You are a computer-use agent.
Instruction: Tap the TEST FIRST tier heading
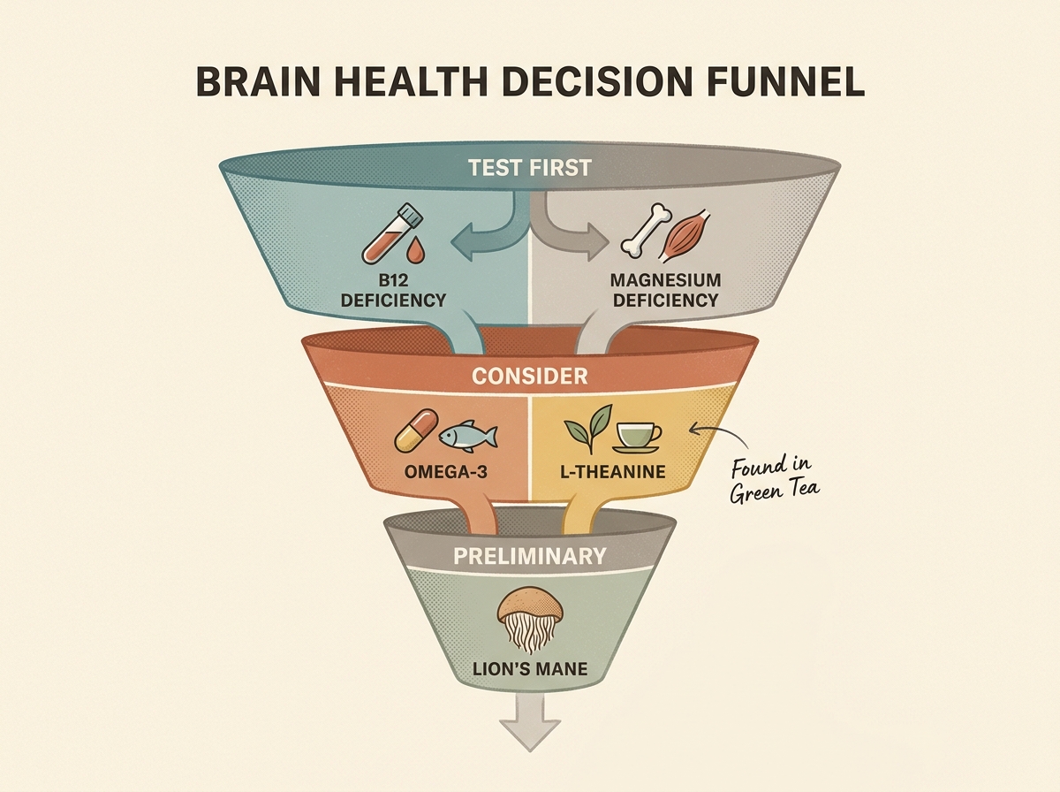click(530, 167)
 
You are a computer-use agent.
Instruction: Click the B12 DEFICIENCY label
click(393, 291)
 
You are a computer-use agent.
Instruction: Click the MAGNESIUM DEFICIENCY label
click(665, 291)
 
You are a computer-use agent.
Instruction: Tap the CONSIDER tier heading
click(529, 376)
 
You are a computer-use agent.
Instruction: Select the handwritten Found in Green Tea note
click(771, 477)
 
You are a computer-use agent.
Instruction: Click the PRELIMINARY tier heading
click(530, 556)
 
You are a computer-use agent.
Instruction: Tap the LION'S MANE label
click(529, 668)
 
